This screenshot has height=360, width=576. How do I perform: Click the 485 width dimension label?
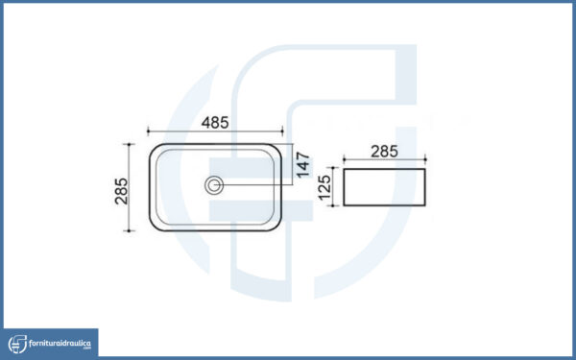pos(215,123)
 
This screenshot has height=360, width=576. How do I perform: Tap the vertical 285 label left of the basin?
pos(121,191)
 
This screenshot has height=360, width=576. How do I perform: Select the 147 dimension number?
pos(303,165)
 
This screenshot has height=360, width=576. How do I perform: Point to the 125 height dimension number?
pos(324,188)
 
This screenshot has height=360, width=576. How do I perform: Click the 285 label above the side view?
pos(384,152)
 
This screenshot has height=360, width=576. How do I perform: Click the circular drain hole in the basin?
pos(214,185)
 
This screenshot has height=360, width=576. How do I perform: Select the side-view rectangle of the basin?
pos(384,187)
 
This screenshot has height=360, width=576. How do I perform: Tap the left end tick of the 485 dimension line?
pos(148,131)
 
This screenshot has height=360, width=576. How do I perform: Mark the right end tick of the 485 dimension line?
pos(282,131)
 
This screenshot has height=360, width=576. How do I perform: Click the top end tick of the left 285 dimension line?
pos(129,144)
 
